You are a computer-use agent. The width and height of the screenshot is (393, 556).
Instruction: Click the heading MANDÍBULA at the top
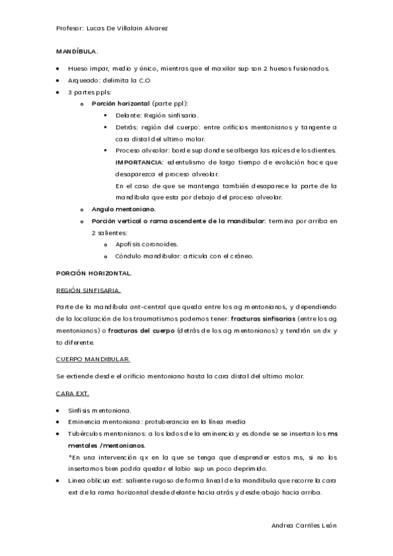[x=76, y=50]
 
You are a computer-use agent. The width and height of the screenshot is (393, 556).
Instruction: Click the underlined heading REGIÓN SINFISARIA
[x=88, y=289]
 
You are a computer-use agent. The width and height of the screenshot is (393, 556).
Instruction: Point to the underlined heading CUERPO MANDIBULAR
[x=93, y=359]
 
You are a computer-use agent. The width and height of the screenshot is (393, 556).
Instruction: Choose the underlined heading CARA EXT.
[x=72, y=393]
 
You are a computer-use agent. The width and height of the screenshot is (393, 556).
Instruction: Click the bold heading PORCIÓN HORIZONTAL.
[x=94, y=272]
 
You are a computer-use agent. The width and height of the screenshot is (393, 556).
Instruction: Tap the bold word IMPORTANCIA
[x=139, y=161]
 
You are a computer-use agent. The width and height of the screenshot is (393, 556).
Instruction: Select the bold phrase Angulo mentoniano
[x=123, y=209]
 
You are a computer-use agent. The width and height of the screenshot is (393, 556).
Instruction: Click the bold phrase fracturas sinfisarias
[x=262, y=319]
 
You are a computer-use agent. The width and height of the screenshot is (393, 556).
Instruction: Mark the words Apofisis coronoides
[x=147, y=244]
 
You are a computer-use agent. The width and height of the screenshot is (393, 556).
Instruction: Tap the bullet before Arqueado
[x=58, y=80]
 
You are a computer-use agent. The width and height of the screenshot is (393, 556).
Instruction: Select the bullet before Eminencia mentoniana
[x=58, y=422]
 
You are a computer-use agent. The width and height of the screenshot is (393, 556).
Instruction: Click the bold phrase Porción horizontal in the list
[x=121, y=104]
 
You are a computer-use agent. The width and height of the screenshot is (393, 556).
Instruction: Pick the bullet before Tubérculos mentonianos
[x=58, y=433]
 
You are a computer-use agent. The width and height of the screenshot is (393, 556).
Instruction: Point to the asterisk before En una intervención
[x=70, y=457]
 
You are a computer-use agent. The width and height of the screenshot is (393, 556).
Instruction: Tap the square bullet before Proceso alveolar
[x=107, y=150]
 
